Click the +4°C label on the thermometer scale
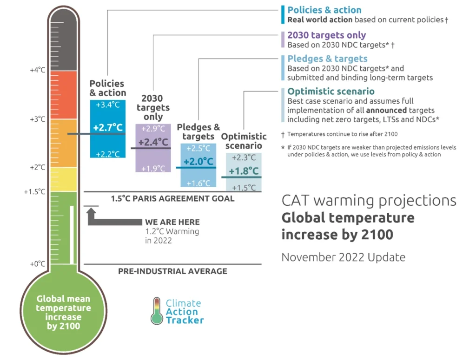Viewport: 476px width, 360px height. pos(38,70)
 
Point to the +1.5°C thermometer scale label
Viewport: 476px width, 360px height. pos(35,191)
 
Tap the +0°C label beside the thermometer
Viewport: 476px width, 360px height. pos(38,264)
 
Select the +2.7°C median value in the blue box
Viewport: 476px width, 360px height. pos(107,128)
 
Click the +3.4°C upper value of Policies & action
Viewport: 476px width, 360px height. pos(107,105)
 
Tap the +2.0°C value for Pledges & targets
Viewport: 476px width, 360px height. pos(198,162)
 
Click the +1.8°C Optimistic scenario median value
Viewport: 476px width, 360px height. pos(244,171)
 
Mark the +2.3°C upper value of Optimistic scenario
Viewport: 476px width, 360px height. pos(244,157)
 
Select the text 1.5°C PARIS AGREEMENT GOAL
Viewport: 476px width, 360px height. pos(172,198)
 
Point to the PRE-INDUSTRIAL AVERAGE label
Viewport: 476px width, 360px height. pos(172,271)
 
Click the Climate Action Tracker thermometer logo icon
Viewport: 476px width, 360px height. pos(156,311)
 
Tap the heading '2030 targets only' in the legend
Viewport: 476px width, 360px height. pos(326,35)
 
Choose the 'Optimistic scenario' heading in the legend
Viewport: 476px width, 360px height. pos(331,91)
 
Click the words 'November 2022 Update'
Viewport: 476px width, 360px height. pos(343,257)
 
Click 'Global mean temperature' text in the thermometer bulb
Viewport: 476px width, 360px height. pos(63,303)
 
